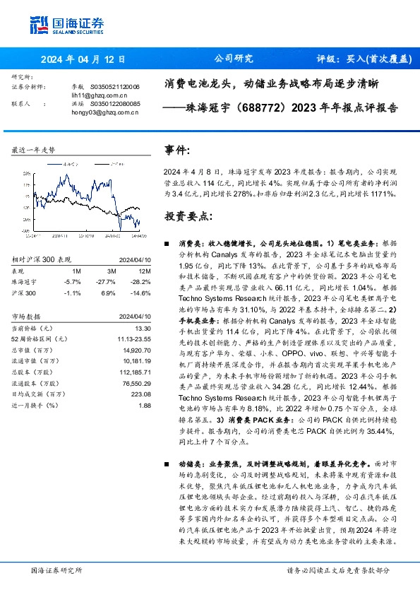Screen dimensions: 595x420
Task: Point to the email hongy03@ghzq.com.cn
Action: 97,112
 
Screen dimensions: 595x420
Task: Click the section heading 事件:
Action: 177,151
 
